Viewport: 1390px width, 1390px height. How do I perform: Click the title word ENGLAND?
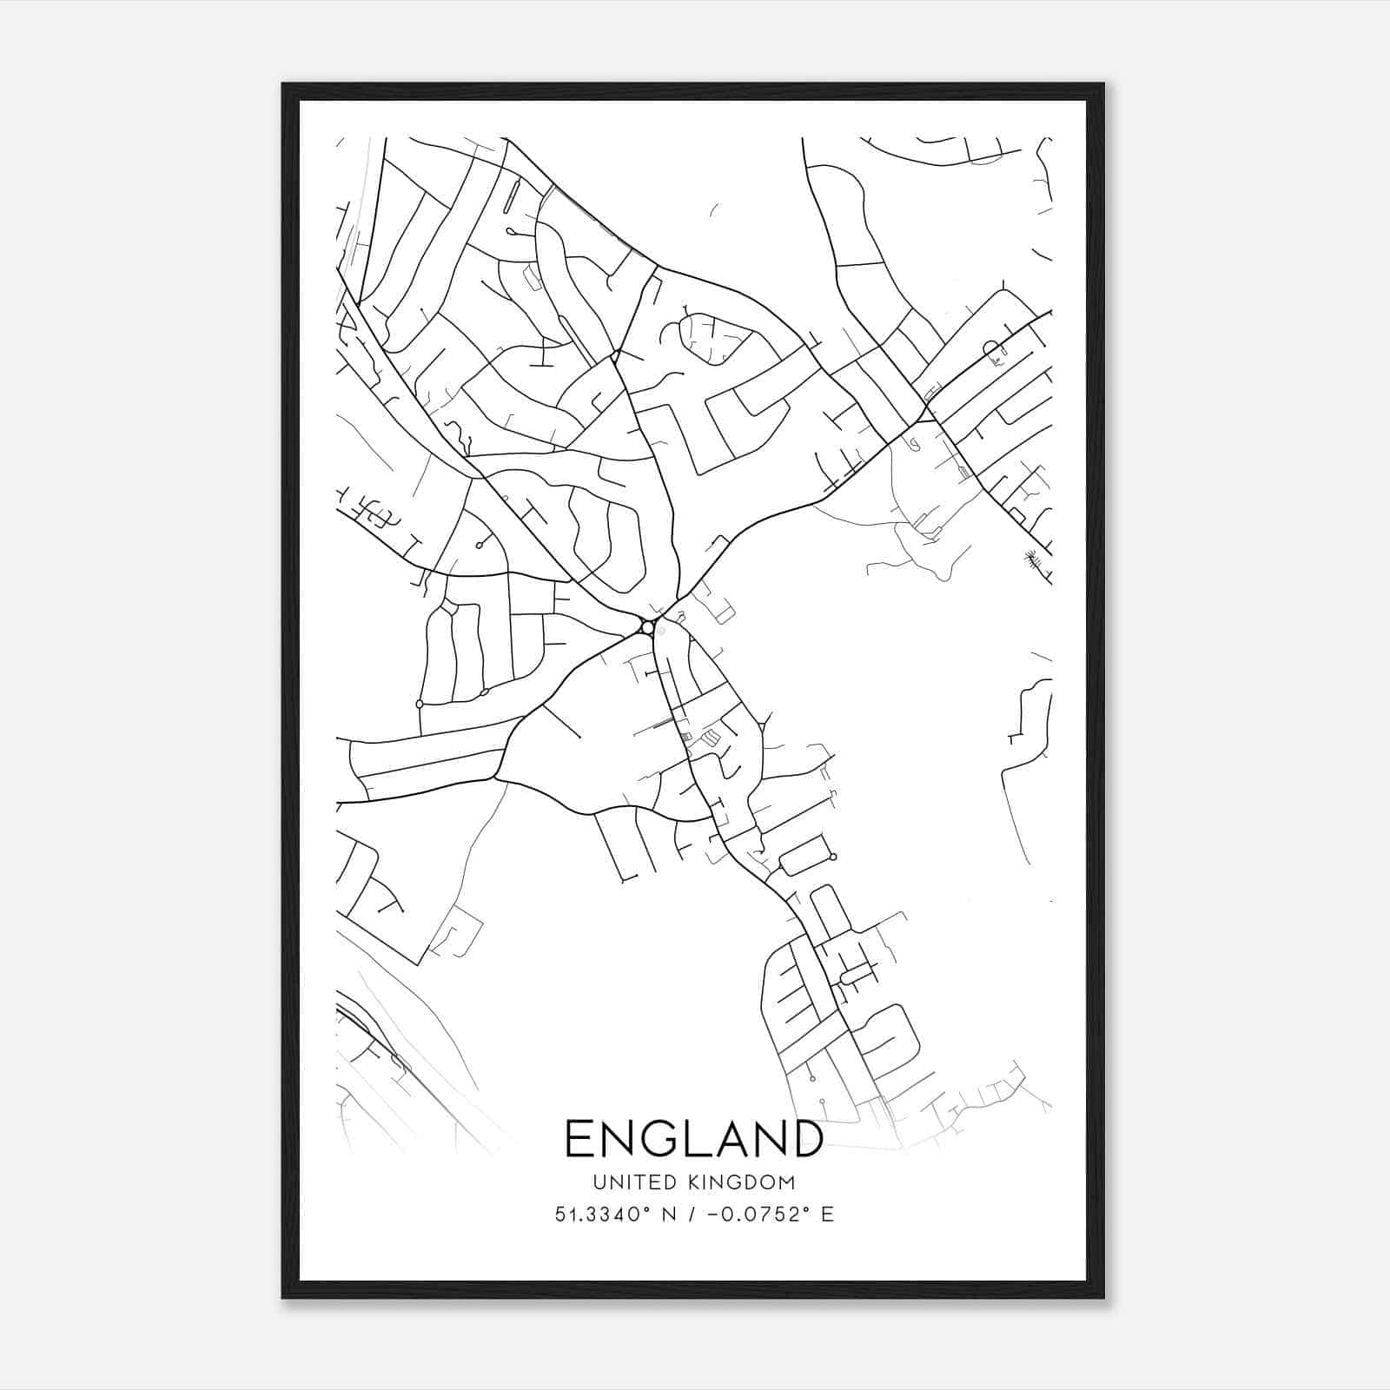click(x=694, y=1139)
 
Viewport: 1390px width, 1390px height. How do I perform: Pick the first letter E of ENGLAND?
click(x=580, y=1139)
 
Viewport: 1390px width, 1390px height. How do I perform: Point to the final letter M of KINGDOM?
click(x=787, y=1182)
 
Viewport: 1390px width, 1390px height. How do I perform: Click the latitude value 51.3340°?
click(x=603, y=1214)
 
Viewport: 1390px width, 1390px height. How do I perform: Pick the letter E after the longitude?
click(x=826, y=1215)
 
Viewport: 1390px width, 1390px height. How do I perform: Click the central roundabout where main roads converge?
click(x=647, y=627)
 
